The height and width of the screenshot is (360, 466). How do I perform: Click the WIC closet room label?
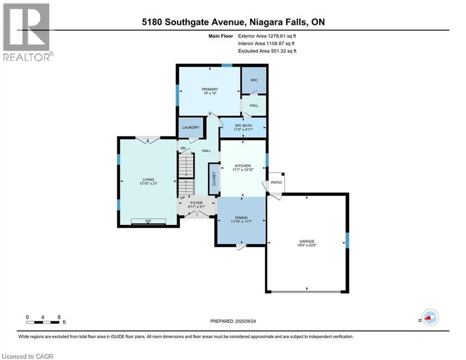[x=254, y=80]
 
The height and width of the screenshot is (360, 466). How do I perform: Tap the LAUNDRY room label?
[x=190, y=127]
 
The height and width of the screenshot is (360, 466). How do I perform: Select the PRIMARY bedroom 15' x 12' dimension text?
[x=208, y=94]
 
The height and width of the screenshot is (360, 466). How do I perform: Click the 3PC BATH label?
[x=243, y=126]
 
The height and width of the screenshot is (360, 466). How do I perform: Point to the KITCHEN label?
[x=243, y=166]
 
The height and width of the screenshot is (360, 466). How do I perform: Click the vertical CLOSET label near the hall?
[x=214, y=179]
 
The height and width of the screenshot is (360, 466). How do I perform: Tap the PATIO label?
[x=276, y=182]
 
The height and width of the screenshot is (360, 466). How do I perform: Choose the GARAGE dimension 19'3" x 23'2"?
[x=307, y=245]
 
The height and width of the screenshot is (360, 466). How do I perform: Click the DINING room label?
[x=241, y=217]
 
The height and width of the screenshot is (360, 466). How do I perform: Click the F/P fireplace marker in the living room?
[x=148, y=221]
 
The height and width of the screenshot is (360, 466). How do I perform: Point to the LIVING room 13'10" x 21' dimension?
[x=148, y=184]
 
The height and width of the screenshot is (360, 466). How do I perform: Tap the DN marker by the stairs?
[x=183, y=148]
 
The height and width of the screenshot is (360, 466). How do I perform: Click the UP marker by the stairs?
[x=183, y=198]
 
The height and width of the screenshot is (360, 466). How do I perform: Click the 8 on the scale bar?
[x=59, y=317]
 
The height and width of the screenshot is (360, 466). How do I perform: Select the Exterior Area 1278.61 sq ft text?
[x=267, y=36]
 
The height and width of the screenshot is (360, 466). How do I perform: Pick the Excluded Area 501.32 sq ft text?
[x=267, y=51]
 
